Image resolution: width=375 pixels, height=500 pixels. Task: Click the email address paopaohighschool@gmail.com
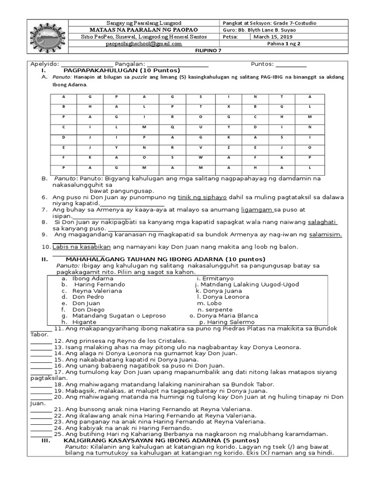click(144, 43)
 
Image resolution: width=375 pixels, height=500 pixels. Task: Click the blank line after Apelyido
click(87, 64)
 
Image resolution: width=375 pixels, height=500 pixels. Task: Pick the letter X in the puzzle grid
click(228, 106)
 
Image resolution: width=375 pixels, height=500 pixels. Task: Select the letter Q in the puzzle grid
click(172, 127)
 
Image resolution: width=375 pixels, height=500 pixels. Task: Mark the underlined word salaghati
click(322, 222)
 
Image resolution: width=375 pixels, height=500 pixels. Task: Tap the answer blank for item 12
click(41, 340)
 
